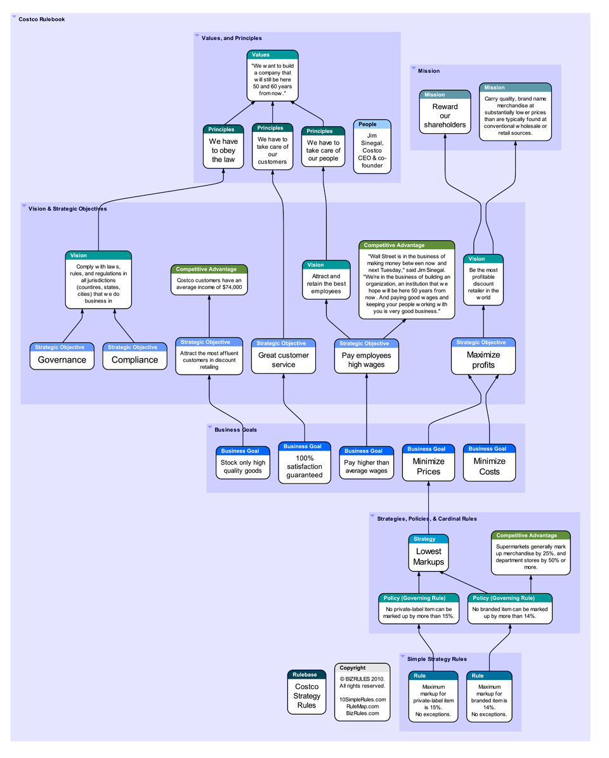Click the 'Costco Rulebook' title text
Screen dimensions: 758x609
point(41,20)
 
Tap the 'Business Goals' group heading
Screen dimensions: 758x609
point(235,430)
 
